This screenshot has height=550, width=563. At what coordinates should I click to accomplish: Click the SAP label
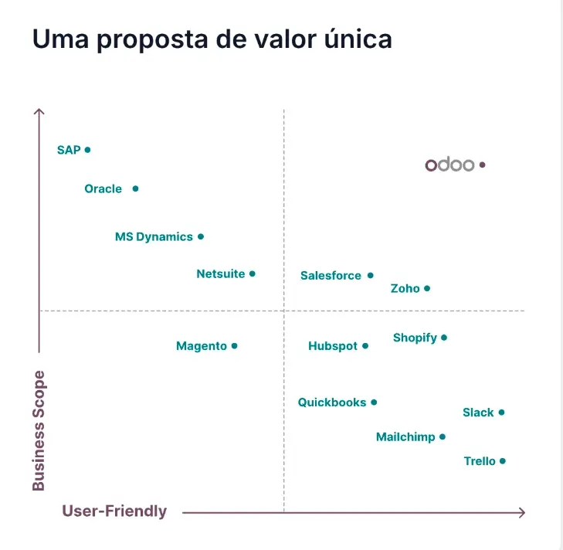pos(69,150)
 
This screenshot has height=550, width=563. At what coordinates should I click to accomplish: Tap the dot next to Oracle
pos(135,188)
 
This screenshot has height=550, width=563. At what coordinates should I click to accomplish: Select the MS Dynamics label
pos(154,237)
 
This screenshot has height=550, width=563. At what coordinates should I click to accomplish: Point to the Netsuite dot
pos(252,273)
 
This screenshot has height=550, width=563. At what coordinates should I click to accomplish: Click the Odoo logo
pos(449,165)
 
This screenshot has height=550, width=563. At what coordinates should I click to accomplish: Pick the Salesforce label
pos(331,276)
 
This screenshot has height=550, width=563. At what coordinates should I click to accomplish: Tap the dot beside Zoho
pos(427,288)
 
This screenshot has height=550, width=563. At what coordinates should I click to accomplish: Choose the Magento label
pos(202,346)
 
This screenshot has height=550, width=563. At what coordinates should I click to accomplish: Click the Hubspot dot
pos(365,345)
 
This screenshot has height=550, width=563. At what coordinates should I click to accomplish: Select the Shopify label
pos(415,338)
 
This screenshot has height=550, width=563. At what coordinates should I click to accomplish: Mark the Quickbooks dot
pos(374,402)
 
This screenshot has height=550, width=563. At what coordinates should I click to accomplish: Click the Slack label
pos(478,413)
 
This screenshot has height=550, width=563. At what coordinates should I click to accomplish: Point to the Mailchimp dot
pos(443,436)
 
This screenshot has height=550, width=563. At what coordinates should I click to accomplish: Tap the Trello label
pos(480,461)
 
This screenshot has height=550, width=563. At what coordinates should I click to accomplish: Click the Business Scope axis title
pos(39,430)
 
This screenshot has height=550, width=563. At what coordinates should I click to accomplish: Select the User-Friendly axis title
pos(114,511)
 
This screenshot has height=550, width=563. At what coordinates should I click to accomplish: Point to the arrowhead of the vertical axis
pos(39,111)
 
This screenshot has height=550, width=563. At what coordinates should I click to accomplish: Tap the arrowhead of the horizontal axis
pos(522,512)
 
